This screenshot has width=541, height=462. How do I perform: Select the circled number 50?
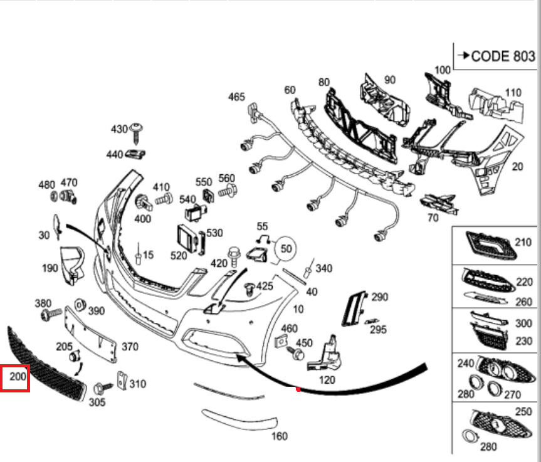[286, 247]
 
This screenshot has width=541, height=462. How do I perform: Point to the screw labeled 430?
[137, 132]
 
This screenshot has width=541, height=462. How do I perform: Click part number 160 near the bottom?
[279, 436]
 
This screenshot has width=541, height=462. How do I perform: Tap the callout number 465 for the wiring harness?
[236, 97]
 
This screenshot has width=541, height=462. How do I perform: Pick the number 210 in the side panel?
[522, 241]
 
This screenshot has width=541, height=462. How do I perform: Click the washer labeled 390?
[80, 305]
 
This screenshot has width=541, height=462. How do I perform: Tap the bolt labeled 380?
[51, 314]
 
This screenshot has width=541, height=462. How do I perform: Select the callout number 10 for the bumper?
[298, 308]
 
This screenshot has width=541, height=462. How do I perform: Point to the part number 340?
[323, 268]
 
